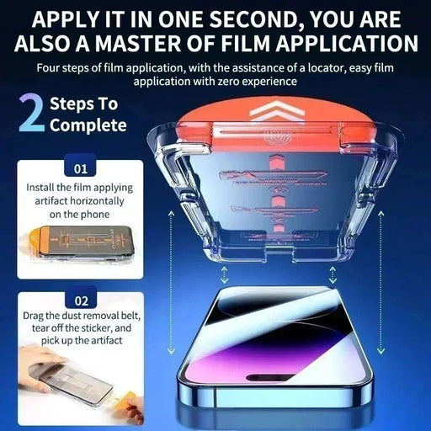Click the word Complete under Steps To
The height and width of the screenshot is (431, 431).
coord(87,126)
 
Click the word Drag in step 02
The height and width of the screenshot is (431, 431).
coord(35,314)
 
